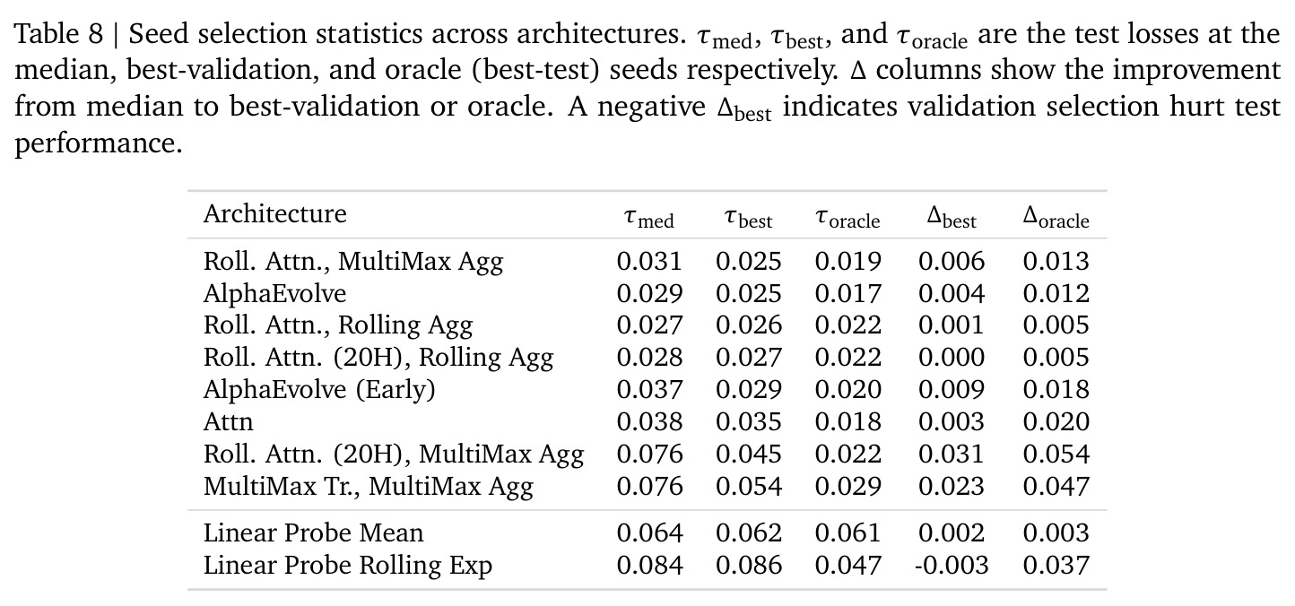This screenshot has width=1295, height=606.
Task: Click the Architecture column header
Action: point(274,214)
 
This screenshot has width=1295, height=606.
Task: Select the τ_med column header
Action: point(648,218)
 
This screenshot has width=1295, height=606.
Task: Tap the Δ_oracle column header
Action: point(1056,217)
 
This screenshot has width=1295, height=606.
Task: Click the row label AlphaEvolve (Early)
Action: point(319,389)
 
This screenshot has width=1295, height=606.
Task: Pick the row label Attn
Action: point(228,421)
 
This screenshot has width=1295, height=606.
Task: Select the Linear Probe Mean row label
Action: point(313,532)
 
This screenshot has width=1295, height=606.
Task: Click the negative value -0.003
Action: point(951,565)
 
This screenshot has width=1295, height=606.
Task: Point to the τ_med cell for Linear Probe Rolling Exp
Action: point(650,565)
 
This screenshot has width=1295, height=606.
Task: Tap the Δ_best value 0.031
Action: point(951,454)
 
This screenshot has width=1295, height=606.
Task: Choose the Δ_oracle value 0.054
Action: point(1056,454)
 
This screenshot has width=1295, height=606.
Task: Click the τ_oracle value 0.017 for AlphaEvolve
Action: point(848,293)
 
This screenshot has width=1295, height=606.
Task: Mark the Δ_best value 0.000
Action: point(951,357)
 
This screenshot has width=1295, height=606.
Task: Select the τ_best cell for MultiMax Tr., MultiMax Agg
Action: point(749,487)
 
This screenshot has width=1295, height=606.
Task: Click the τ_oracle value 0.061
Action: point(848,532)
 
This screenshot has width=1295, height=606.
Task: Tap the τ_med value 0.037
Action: point(650,389)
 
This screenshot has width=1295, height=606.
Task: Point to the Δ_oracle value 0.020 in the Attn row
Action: point(1056,421)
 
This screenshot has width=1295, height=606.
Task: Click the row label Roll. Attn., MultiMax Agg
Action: point(353,262)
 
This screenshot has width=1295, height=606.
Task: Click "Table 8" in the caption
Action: point(58,33)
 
